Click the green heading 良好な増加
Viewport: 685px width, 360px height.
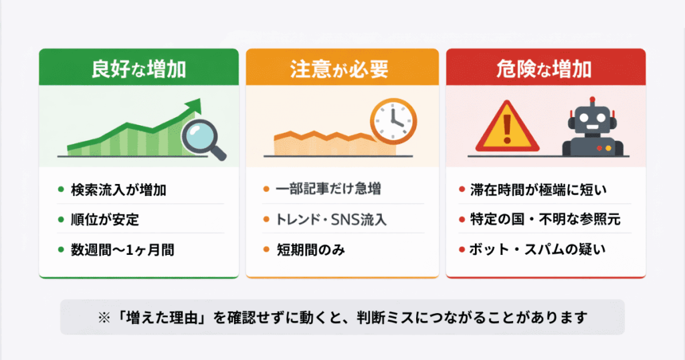coord(138,69)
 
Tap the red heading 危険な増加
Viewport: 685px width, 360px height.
coord(545,69)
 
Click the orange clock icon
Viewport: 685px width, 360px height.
coord(393,121)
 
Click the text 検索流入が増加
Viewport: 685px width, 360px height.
coord(118,189)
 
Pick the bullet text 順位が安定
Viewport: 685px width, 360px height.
coord(105,219)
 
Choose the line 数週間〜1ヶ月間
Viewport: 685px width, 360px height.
coord(122,250)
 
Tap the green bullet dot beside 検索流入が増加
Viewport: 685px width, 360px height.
coord(61,189)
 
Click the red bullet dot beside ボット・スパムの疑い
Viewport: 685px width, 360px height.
coord(462,250)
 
